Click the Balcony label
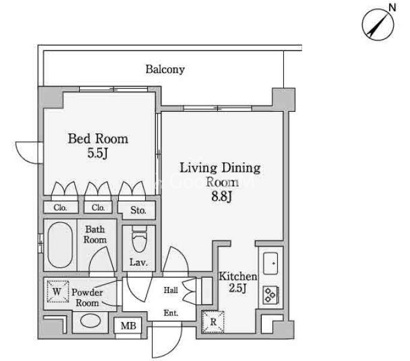(x=165, y=70)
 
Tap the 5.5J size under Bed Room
(x=97, y=153)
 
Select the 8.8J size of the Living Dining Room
(x=222, y=196)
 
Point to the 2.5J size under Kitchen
(x=238, y=288)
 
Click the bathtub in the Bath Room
(x=60, y=245)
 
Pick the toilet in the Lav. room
(x=139, y=239)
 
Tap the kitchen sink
(x=270, y=263)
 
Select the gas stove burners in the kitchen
(x=271, y=295)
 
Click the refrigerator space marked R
(x=213, y=322)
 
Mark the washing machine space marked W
(x=58, y=292)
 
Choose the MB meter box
(x=128, y=326)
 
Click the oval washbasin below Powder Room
(x=91, y=321)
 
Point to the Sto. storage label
(x=138, y=210)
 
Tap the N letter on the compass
(x=392, y=8)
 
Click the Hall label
(x=170, y=290)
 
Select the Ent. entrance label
(x=170, y=313)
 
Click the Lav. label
(x=139, y=262)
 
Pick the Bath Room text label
(x=95, y=235)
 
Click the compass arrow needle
(x=378, y=23)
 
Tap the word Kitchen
(x=238, y=276)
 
